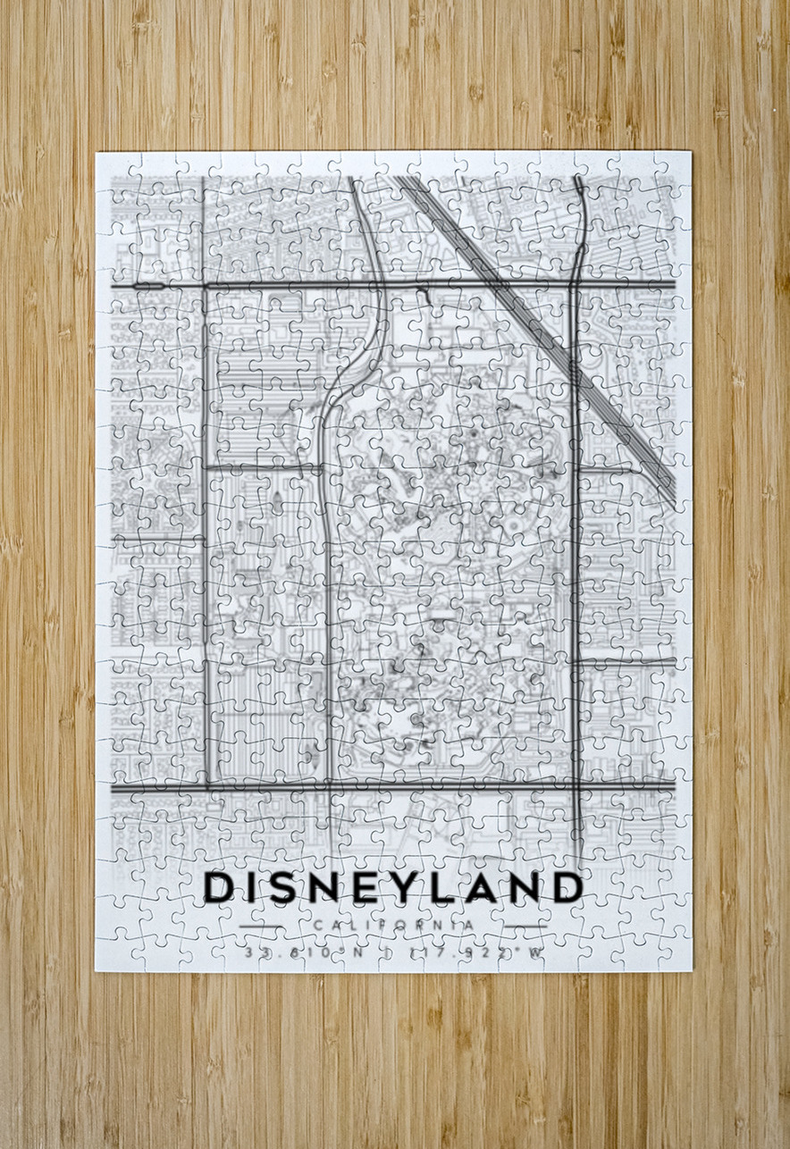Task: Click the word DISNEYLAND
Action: tap(393, 887)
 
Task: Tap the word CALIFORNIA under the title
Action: tap(393, 925)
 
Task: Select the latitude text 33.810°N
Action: tap(304, 952)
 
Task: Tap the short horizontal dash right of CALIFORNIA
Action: tap(524, 925)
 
